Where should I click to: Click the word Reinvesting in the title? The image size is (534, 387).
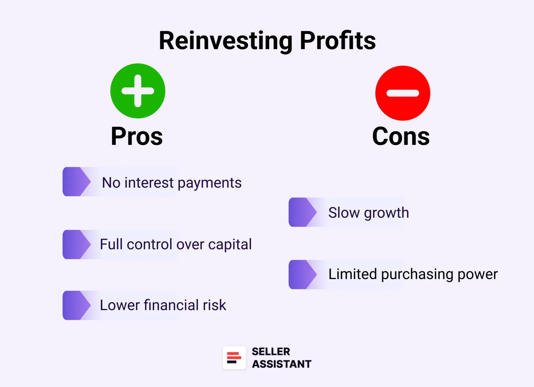coord(226,41)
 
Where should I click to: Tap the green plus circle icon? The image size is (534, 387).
coord(138,91)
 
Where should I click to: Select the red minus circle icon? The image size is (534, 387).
coord(403,93)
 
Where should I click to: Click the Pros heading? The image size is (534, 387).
coord(137,136)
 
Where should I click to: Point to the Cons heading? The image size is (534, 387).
coord(401,136)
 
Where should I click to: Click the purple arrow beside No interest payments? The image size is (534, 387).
coord(76,182)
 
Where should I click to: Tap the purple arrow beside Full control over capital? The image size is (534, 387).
coord(76,244)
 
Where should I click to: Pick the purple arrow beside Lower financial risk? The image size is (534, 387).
coord(76,305)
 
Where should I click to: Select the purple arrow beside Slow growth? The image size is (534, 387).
coord(302,212)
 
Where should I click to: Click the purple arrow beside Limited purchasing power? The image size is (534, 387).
coord(302,274)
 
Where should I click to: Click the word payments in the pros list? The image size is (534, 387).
coord(210,183)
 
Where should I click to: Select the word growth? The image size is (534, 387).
coord(386,213)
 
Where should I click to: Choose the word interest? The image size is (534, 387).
coord(149,183)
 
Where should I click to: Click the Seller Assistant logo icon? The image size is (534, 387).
coord(234,358)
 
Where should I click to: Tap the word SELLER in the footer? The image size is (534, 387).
coord(271,351)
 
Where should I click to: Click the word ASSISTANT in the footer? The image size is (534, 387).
coord(282,364)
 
